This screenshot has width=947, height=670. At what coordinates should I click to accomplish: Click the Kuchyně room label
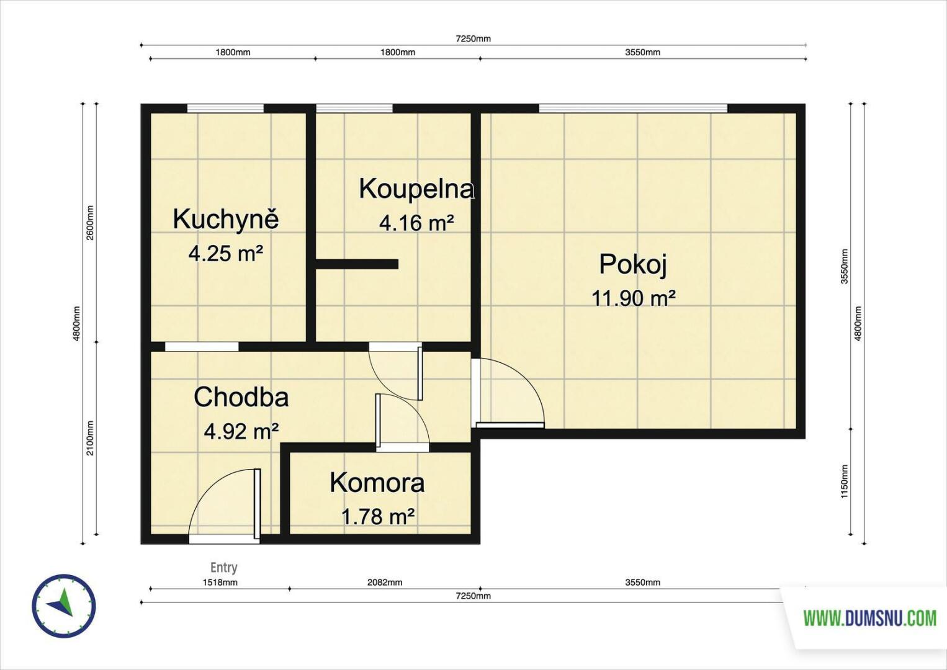(226, 221)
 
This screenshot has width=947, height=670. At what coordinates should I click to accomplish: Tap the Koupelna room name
(416, 189)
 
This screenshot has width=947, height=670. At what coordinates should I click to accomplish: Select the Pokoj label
(633, 265)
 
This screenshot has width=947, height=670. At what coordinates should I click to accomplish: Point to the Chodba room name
(241, 398)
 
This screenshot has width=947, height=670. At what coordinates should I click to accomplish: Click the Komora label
(377, 483)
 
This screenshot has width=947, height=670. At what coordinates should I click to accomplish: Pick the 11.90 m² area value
(633, 298)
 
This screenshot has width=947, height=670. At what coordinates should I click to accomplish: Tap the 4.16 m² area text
(416, 223)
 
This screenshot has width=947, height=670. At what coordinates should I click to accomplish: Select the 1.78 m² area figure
(377, 517)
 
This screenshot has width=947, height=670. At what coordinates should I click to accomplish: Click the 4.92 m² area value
(241, 432)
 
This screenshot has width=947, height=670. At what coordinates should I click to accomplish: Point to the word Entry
(224, 567)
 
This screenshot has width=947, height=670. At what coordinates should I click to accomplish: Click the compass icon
(64, 605)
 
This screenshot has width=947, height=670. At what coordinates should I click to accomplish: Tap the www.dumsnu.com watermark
(870, 619)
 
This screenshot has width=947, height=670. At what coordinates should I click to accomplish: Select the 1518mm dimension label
(220, 583)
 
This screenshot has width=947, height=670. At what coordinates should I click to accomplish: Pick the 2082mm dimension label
(385, 583)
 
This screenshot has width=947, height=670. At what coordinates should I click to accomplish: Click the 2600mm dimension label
(90, 223)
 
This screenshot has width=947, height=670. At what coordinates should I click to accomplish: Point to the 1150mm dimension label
(845, 481)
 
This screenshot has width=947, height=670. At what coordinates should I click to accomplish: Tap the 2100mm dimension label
(90, 438)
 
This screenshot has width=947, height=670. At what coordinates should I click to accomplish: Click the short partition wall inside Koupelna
(357, 264)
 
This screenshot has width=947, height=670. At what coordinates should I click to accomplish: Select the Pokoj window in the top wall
(633, 108)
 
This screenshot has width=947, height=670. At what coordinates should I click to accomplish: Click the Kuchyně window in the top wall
(226, 108)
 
